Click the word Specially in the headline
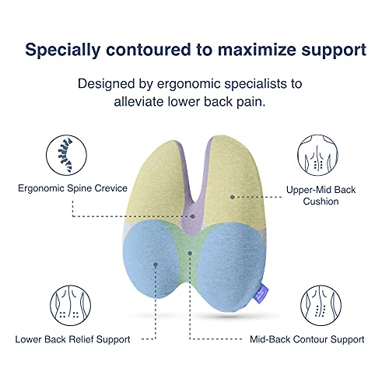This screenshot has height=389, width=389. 65,49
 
